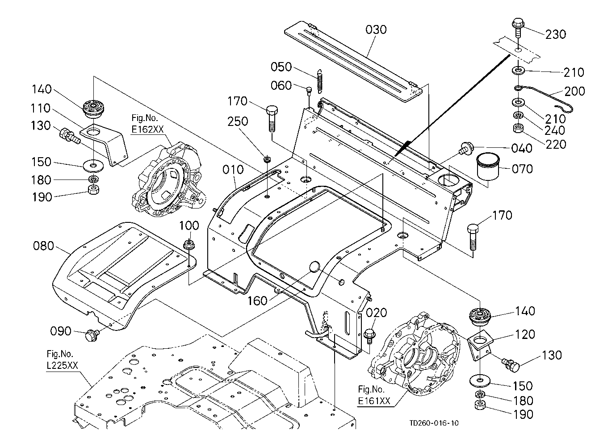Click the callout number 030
click(x=376, y=30)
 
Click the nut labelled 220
click(x=519, y=130)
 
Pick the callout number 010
click(x=233, y=170)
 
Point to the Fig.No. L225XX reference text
click(x=63, y=360)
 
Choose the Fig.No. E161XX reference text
click(x=374, y=395)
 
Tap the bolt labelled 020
click(x=369, y=335)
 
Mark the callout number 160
click(x=257, y=301)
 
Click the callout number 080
click(x=43, y=246)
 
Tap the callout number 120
click(x=524, y=334)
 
